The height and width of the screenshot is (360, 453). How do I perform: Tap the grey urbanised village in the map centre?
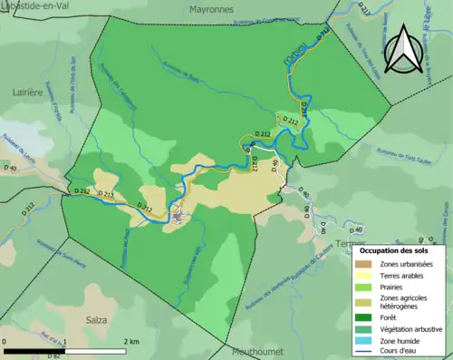[x=177, y=216]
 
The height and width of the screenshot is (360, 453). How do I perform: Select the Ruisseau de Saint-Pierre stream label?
[x=45, y=264]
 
